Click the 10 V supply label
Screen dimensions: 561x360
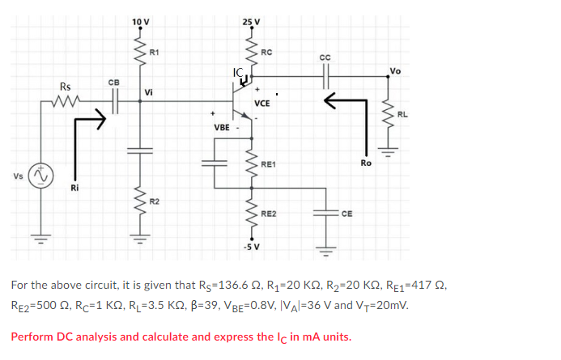(x=141, y=22)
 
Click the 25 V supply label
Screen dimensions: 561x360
(x=251, y=22)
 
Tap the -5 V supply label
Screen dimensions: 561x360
(x=252, y=247)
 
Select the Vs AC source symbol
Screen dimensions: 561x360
(x=41, y=176)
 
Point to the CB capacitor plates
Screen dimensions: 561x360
(x=115, y=101)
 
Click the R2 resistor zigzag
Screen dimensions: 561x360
(x=140, y=201)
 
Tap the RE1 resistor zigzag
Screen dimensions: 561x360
(x=252, y=164)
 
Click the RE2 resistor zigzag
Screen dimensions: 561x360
(x=252, y=214)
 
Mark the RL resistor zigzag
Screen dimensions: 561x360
(x=388, y=114)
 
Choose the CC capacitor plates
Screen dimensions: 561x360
(x=325, y=76)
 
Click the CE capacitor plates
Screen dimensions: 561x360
(x=325, y=214)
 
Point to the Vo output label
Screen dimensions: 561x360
(x=395, y=70)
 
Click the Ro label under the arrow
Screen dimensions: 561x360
(x=366, y=163)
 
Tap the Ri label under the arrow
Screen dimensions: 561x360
(x=74, y=188)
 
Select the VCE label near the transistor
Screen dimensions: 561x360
(x=262, y=104)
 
